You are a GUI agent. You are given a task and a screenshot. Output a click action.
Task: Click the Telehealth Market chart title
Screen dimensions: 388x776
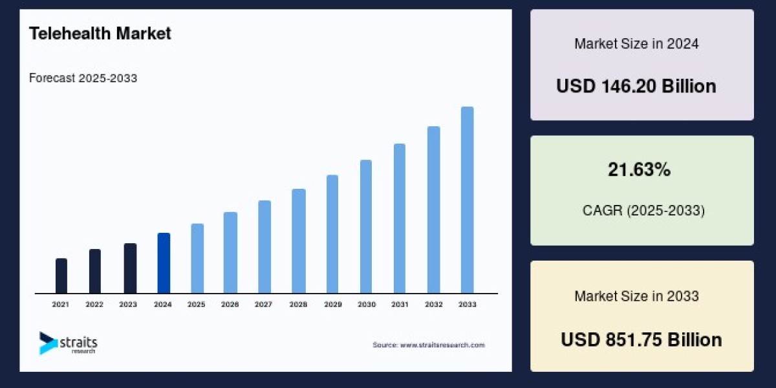pyautogui.click(x=100, y=34)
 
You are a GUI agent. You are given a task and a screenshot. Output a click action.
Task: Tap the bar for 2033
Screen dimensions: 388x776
pyautogui.click(x=467, y=200)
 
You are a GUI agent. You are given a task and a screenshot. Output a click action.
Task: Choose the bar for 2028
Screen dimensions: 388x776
pyautogui.click(x=299, y=241)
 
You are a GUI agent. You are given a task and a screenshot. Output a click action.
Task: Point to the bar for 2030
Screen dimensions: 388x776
pyautogui.click(x=366, y=226)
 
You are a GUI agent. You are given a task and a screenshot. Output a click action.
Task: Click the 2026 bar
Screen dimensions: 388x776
pyautogui.click(x=231, y=252)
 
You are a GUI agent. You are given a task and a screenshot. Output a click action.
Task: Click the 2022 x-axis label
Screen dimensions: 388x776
pyautogui.click(x=94, y=304)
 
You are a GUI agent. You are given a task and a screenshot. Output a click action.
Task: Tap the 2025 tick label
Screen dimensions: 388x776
pyautogui.click(x=197, y=304)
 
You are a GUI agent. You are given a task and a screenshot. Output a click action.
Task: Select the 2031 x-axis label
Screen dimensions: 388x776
pyautogui.click(x=400, y=304)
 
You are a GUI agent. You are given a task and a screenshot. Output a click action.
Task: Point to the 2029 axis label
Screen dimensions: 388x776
pyautogui.click(x=332, y=304)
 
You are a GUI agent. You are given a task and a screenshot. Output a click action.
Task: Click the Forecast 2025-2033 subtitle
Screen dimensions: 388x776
pyautogui.click(x=83, y=78)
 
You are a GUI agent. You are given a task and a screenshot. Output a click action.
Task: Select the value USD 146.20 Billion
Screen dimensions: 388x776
pyautogui.click(x=636, y=86)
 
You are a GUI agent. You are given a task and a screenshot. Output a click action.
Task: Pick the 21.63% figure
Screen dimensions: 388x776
pyautogui.click(x=639, y=170)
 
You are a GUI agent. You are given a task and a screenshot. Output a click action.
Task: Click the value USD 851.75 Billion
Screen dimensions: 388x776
pyautogui.click(x=641, y=339)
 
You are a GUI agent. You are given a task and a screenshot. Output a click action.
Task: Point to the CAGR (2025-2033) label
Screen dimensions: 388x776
pyautogui.click(x=642, y=210)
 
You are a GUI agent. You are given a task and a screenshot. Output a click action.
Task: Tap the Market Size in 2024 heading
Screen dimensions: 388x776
pyautogui.click(x=636, y=44)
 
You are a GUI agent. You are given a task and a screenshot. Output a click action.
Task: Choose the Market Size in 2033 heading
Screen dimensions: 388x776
pyautogui.click(x=636, y=296)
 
